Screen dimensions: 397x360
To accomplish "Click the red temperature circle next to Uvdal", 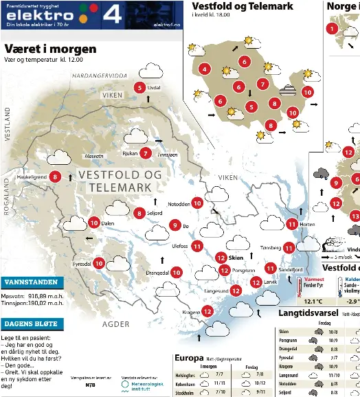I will tap(139, 87).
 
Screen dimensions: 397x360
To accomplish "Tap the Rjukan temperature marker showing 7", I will tap(145, 153).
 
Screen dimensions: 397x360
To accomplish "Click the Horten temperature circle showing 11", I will tap(292, 224).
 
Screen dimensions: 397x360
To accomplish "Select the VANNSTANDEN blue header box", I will tap(32, 282).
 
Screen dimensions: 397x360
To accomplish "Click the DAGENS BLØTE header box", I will tap(32, 324).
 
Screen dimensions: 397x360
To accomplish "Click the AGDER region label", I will tap(115, 324).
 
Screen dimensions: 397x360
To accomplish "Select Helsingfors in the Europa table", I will tap(185, 374).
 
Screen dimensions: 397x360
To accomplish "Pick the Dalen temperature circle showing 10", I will tap(93, 223).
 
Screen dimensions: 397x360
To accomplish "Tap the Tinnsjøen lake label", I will tap(167, 155).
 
